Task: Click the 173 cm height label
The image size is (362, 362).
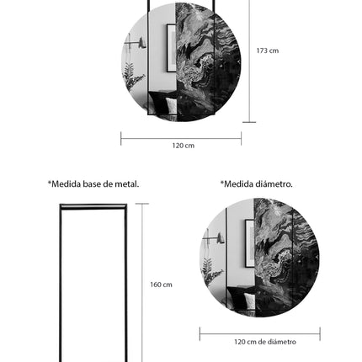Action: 268,51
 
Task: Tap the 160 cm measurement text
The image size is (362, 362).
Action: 161,285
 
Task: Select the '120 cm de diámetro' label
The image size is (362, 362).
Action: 265,342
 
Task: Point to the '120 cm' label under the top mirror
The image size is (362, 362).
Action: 183,146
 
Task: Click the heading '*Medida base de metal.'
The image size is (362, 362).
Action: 93,184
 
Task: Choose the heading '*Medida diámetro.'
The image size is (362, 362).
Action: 257,184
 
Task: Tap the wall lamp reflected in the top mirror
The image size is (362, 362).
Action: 135,43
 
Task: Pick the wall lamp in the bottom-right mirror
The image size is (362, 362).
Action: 216,239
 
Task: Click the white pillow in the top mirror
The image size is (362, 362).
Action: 171,106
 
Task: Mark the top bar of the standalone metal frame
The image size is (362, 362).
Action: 93,206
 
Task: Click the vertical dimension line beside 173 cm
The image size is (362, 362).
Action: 249,59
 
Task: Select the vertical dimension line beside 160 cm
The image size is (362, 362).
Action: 142,282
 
